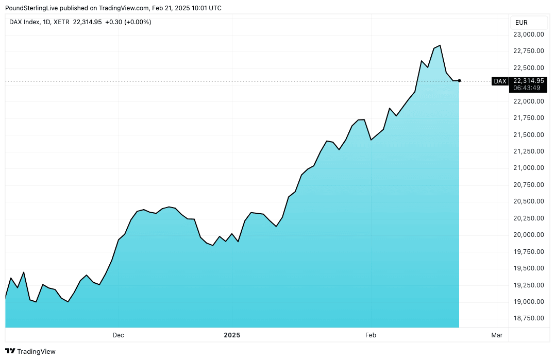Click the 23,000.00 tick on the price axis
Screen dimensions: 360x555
(x=528, y=35)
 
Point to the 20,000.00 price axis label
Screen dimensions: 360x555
(x=528, y=235)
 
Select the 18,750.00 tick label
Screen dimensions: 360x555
(x=528, y=318)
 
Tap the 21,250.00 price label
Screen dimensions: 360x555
(x=528, y=151)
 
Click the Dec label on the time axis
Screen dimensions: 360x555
(x=118, y=335)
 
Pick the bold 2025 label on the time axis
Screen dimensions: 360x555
(x=232, y=335)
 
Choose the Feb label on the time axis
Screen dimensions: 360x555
(x=371, y=335)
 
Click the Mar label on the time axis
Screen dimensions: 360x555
(x=497, y=335)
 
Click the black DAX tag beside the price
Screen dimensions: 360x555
(x=500, y=81)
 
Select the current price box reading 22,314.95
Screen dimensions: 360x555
(x=529, y=80)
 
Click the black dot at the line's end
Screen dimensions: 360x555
(x=459, y=81)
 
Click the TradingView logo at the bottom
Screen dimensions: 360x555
(x=31, y=351)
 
